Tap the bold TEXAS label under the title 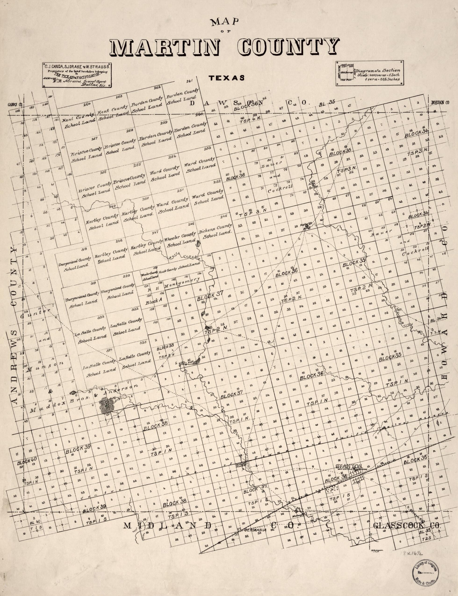tap(226, 78)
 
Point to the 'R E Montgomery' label tap(177, 282)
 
